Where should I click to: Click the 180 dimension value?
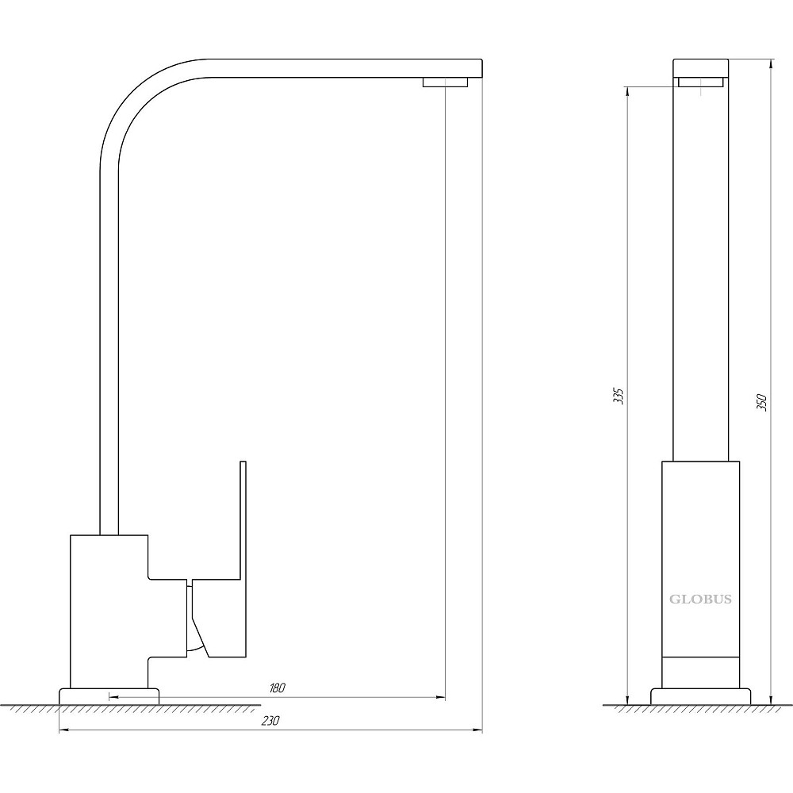278,688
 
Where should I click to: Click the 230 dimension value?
270,721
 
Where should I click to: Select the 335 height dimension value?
619,396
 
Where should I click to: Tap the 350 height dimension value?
761,402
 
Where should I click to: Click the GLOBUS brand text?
700,600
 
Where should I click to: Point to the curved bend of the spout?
136,96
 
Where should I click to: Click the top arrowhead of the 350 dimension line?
770,65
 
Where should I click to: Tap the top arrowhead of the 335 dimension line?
627,93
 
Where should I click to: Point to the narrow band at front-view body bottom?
700,672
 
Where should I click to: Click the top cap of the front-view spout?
700,68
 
